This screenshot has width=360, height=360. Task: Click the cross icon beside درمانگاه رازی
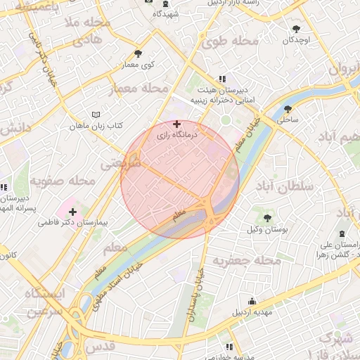point(176,124)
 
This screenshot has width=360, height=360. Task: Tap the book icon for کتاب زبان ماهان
point(96,115)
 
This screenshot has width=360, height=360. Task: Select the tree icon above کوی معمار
point(138,53)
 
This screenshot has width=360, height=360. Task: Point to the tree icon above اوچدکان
point(296,30)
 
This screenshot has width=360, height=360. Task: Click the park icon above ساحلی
point(288,109)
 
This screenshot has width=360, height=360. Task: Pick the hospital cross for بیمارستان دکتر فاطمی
point(72,212)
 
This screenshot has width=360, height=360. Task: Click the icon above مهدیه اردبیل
point(252,301)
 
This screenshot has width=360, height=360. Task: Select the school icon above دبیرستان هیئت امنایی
point(222,79)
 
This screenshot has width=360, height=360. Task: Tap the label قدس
point(100,348)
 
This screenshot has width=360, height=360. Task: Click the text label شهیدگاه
point(166,13)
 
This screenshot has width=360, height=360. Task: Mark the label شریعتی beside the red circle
point(120,164)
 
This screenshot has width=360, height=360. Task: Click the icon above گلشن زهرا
point(342,233)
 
